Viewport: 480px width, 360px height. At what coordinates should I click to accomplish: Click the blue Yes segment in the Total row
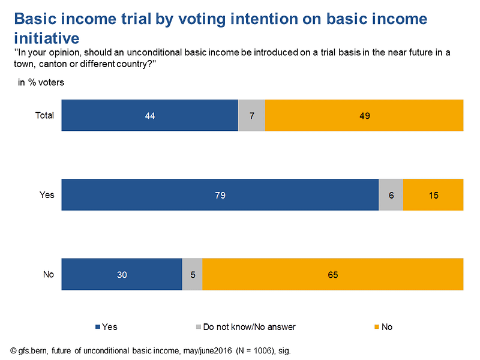150,115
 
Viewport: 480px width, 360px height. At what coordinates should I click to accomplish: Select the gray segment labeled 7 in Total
251,115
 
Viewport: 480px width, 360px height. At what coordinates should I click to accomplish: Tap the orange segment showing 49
364,115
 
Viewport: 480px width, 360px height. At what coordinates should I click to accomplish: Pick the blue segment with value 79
220,194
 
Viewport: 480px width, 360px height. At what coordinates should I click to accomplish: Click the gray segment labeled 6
391,194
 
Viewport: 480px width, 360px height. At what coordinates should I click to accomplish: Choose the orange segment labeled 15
433,194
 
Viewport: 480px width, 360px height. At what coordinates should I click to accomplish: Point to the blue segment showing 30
122,275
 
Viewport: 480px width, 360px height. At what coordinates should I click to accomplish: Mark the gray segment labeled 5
192,275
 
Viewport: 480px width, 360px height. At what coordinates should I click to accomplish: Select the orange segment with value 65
333,275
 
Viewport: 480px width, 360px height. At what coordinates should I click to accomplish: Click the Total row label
45,115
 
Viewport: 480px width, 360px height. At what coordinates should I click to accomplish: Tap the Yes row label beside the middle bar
47,194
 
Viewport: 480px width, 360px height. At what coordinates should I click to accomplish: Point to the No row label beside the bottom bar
48,275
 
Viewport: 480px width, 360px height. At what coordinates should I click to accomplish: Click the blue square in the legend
98,327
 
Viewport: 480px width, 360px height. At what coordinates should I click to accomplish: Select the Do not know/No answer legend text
249,327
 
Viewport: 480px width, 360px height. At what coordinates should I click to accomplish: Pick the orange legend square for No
377,327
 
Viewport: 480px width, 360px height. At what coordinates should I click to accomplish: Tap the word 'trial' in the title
151,19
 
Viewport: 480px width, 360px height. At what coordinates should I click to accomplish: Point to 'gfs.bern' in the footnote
35,350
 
